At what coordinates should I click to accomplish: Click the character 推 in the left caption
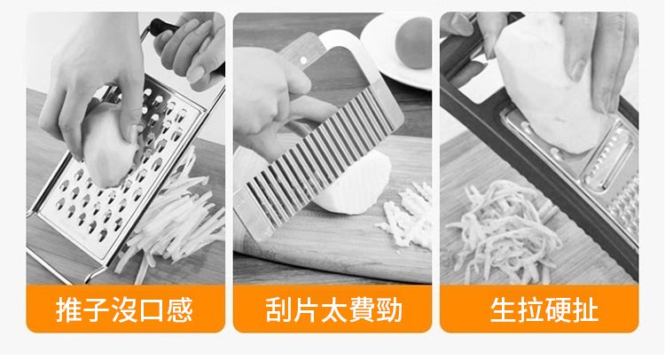click(69, 309)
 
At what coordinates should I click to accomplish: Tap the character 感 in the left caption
click(179, 309)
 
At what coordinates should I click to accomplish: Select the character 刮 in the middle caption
click(279, 309)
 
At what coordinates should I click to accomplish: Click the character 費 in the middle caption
click(362, 309)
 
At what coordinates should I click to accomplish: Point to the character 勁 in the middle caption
click(389, 309)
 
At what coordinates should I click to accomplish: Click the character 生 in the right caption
click(504, 310)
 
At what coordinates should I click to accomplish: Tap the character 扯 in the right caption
click(586, 310)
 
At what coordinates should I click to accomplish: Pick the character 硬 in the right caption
click(558, 310)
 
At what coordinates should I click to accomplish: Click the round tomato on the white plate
click(413, 43)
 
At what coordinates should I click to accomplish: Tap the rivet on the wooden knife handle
click(303, 60)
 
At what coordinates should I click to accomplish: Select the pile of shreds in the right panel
click(505, 231)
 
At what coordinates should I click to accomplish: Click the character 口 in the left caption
click(152, 310)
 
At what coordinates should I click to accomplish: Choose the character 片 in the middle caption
click(306, 309)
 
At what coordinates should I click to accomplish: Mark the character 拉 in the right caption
click(531, 310)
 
